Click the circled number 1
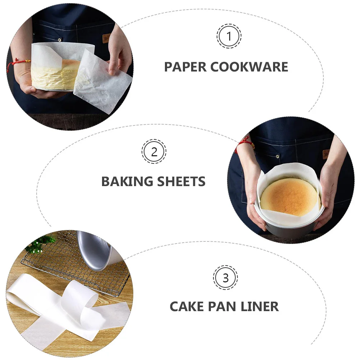pyautogui.click(x=229, y=36)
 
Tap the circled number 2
pyautogui.click(x=154, y=152)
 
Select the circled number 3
pyautogui.click(x=226, y=278)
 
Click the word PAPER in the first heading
pyautogui.click(x=185, y=67)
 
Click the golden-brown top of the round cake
pyautogui.click(x=289, y=195)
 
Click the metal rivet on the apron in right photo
pyautogui.click(x=277, y=156)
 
